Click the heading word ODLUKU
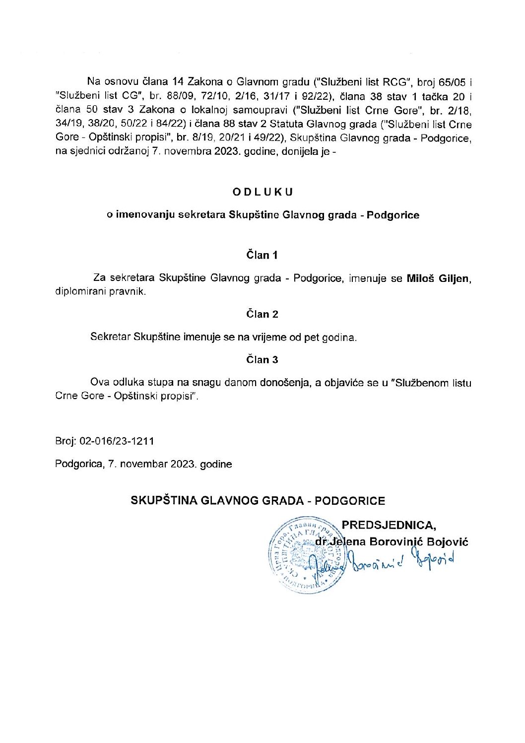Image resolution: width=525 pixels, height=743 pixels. pyautogui.click(x=262, y=192)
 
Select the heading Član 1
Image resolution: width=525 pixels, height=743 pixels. pyautogui.click(x=262, y=255)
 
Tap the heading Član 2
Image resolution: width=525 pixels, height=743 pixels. pyautogui.click(x=262, y=314)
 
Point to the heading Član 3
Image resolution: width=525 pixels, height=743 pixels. pyautogui.click(x=262, y=359)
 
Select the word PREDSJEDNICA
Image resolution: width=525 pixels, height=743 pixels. pyautogui.click(x=389, y=525)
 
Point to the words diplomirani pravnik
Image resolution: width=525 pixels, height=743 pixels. pyautogui.click(x=101, y=291)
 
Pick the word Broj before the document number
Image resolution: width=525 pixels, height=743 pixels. pyautogui.click(x=65, y=441)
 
